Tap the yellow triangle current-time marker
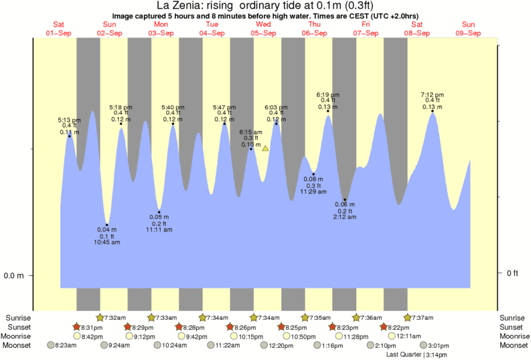(265, 148)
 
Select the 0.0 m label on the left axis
(15, 276)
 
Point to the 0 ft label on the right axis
(512, 273)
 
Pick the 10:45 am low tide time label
(107, 242)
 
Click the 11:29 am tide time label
(313, 192)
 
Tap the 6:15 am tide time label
(251, 132)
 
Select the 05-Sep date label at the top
(263, 33)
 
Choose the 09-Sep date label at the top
(468, 33)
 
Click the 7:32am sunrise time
(117, 317)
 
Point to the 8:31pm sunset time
(92, 327)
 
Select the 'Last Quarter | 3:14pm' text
(416, 355)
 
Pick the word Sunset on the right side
(512, 327)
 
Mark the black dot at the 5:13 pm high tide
(70, 137)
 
